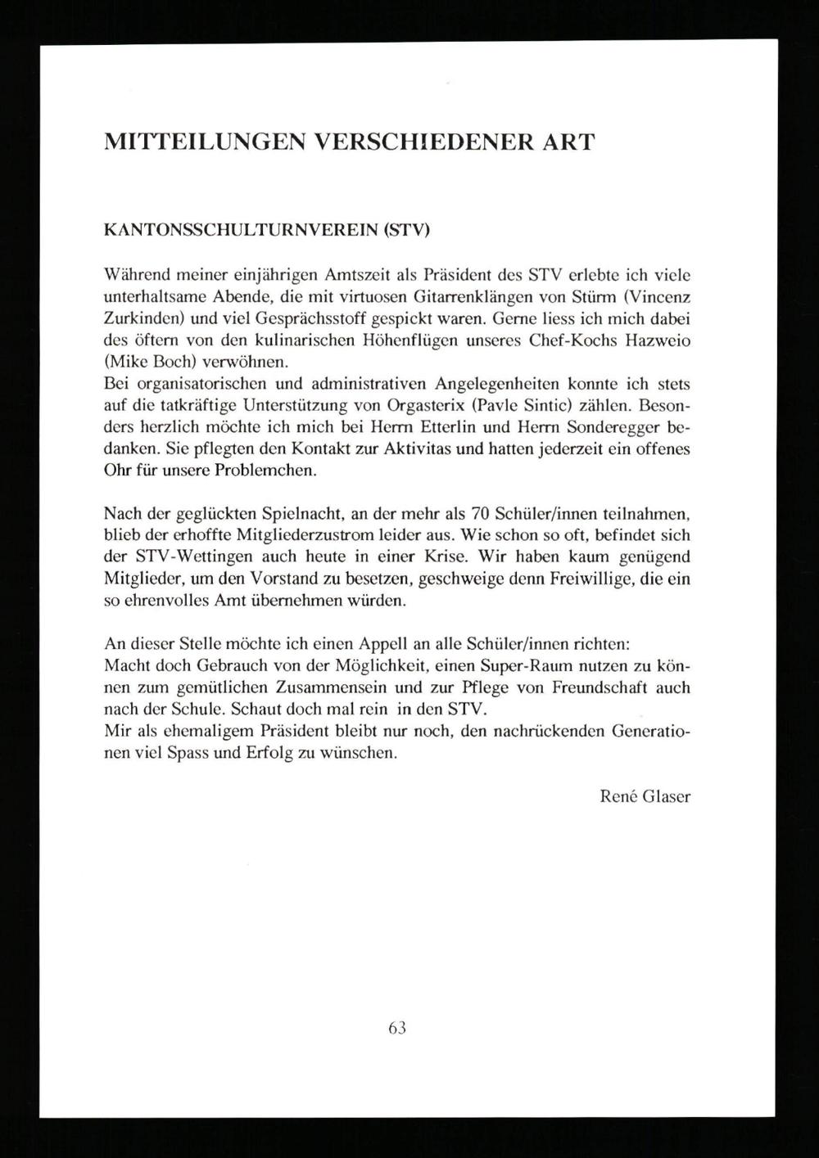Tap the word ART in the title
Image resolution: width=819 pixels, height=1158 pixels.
click(566, 142)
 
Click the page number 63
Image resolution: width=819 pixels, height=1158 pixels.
click(397, 1028)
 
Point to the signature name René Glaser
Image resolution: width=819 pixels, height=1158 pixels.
click(645, 795)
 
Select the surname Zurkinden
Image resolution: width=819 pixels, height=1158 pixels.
click(141, 318)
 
